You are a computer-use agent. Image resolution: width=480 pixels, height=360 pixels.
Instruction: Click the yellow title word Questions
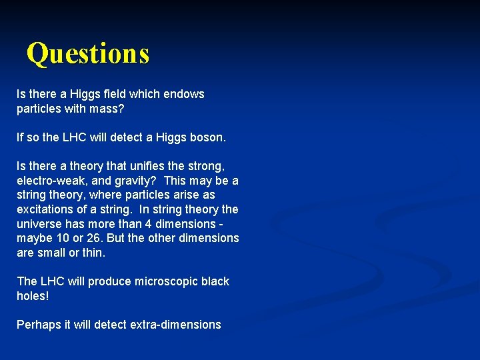pos(88,53)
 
